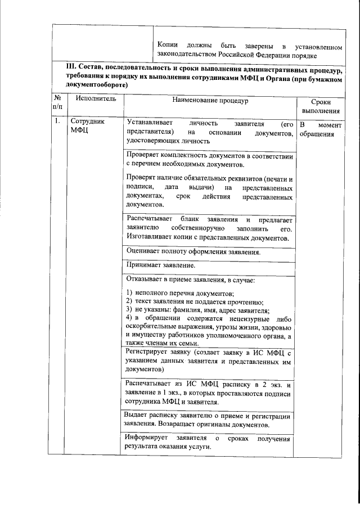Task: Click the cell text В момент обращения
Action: [318, 129]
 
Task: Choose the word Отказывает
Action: [145, 279]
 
